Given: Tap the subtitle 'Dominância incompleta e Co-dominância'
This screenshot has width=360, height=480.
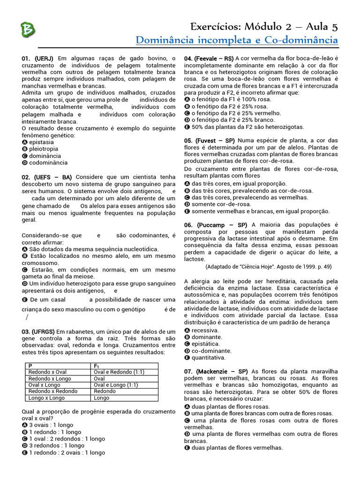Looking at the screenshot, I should [236, 40].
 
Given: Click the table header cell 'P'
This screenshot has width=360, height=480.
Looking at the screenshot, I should [30, 366].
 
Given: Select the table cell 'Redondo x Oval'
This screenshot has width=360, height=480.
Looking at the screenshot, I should [47, 372].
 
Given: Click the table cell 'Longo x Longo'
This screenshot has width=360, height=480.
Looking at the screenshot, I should [46, 398].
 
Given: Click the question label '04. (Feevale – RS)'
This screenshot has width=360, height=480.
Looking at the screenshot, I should [209, 59].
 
